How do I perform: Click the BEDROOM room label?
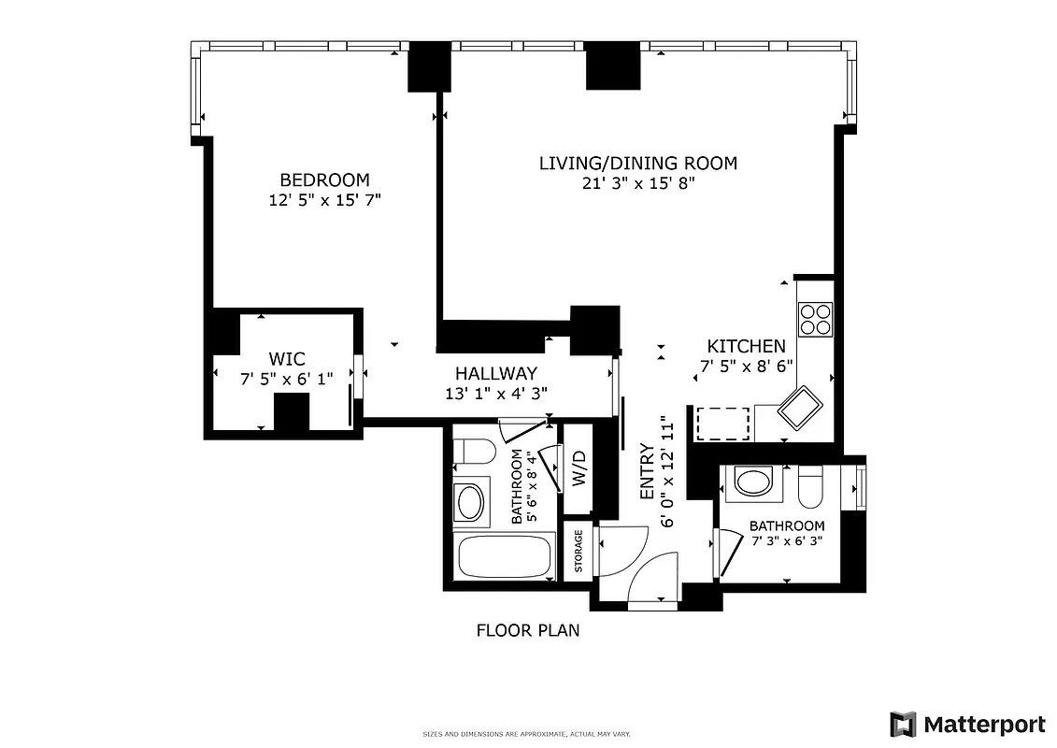click(x=324, y=180)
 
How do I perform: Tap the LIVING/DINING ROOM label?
click(x=637, y=163)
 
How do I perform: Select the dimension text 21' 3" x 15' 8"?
click(x=637, y=184)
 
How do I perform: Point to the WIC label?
click(x=286, y=359)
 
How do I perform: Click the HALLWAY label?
click(x=495, y=373)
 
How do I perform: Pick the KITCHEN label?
click(x=745, y=346)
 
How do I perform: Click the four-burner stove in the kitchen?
click(x=815, y=319)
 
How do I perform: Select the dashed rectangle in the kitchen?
click(x=723, y=423)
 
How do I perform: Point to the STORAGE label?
click(x=578, y=551)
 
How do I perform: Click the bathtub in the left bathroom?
click(x=504, y=558)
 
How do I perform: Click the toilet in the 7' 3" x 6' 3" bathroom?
click(x=809, y=486)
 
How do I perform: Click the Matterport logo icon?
click(x=903, y=724)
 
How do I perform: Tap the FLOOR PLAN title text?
click(x=528, y=630)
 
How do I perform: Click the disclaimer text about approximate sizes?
click(x=528, y=735)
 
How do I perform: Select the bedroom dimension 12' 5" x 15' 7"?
click(x=324, y=200)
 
